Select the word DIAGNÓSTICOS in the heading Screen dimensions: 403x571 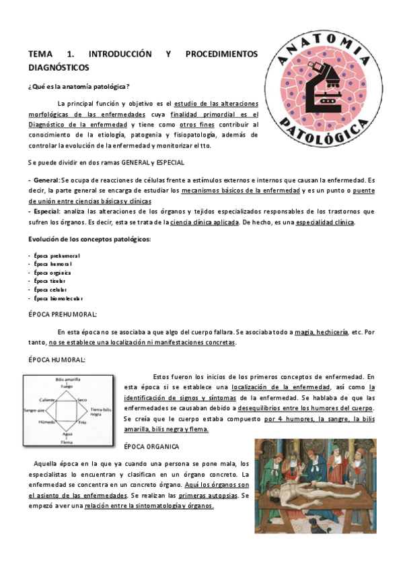click(x=59, y=67)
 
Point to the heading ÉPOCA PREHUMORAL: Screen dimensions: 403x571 click(x=63, y=314)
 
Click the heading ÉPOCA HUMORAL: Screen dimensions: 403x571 click(x=57, y=360)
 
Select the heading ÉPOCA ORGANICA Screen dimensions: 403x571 click(x=152, y=446)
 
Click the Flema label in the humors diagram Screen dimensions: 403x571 click(x=66, y=442)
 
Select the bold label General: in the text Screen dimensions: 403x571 click(x=46, y=180)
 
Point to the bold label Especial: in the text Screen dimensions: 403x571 click(x=46, y=211)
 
